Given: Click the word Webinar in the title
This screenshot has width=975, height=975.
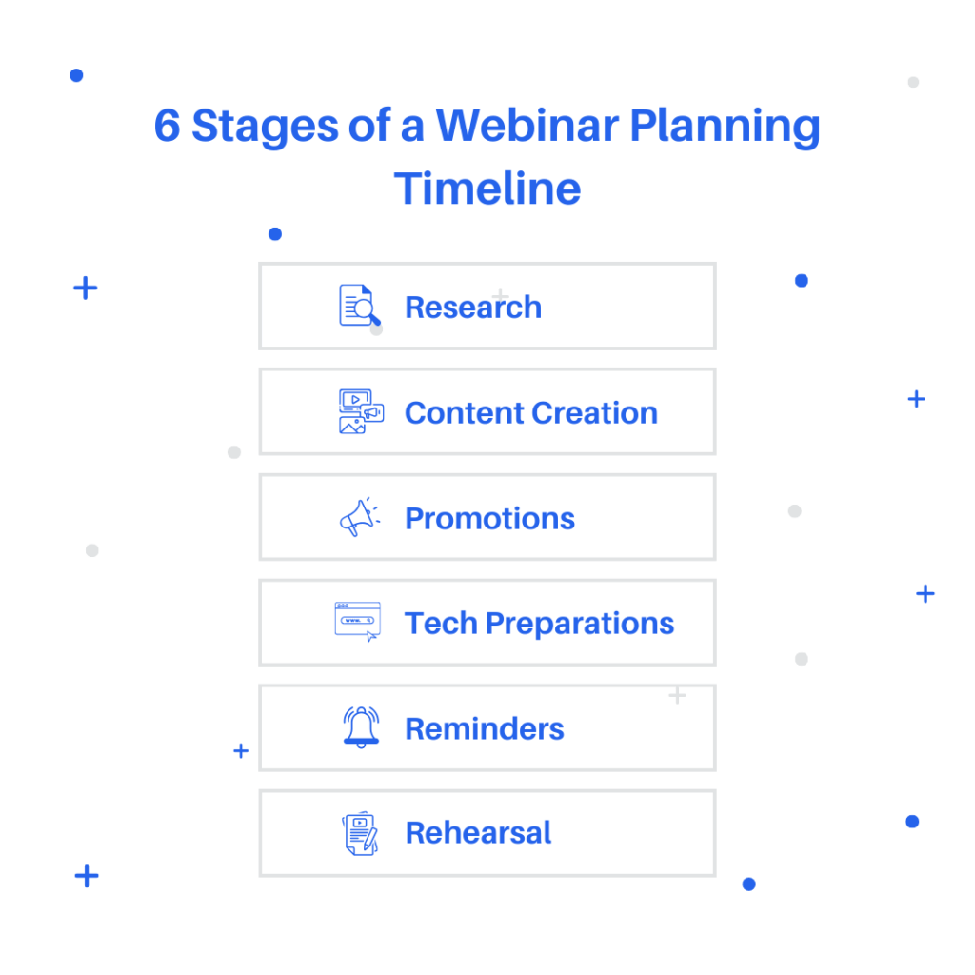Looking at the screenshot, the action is coord(527,126).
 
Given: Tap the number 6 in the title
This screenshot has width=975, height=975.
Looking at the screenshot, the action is coord(167,126).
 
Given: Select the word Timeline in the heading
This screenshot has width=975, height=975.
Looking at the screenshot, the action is coord(487,189).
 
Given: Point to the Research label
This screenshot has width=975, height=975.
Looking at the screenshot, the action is coord(473,308).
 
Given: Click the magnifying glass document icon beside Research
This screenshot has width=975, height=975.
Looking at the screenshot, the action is coord(359,306).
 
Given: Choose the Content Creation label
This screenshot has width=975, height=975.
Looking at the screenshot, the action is coord(531,413).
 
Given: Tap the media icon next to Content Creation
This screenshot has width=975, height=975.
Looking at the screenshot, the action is coord(361,411).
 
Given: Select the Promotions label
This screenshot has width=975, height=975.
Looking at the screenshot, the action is coord(490,519).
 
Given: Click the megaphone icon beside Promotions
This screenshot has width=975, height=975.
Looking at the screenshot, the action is coord(360,517).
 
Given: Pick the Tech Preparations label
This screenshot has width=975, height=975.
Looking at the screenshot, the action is coord(539,624).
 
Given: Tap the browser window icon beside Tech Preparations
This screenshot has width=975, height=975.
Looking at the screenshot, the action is coord(358,621).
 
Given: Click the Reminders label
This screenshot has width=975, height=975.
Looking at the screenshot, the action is coord(485,728).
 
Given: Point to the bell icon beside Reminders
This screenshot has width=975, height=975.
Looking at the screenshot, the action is coord(361,727).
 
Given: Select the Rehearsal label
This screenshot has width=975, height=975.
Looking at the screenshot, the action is coord(478,833).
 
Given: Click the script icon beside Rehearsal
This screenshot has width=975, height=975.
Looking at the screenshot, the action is coord(360,833).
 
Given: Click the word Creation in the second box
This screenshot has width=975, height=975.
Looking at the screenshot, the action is coord(594,413).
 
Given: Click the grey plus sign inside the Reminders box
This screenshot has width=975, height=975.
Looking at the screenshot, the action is coord(677,695).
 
